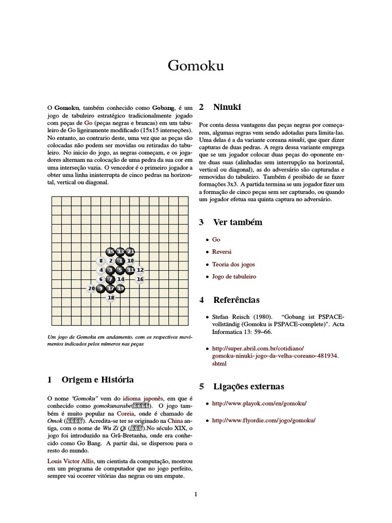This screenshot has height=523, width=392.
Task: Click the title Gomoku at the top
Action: coord(196,66)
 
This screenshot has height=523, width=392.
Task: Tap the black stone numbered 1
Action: coord(120,260)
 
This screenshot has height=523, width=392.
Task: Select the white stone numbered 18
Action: coord(111,297)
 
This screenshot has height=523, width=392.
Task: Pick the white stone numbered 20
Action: coord(92,289)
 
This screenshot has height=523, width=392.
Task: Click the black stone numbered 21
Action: coord(130,251)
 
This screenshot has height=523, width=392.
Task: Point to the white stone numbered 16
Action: coord(140,279)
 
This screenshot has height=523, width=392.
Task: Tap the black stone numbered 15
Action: coord(111,251)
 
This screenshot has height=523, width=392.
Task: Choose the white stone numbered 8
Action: coord(101,260)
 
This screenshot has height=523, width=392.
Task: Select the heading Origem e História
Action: coord(97,379)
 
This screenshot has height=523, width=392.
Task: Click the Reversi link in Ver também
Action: coord(222,252)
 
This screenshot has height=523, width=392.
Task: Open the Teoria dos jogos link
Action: coord(233,264)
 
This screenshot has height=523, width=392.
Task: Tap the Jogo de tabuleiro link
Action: coord(234,276)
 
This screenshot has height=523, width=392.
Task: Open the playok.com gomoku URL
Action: coord(259,403)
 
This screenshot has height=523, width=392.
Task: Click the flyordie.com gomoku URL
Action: coord(263,420)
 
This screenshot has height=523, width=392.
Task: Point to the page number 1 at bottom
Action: coord(195,494)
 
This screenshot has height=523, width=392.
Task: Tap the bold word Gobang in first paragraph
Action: coord(163,108)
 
